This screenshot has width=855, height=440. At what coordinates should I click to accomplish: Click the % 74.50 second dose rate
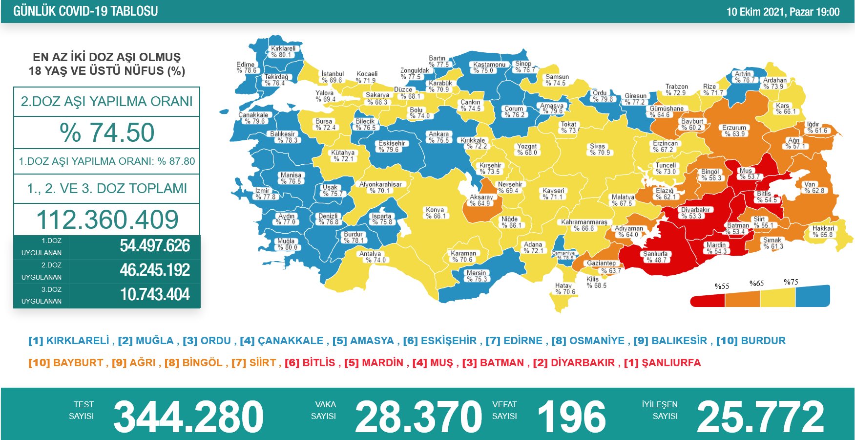[x=107, y=132]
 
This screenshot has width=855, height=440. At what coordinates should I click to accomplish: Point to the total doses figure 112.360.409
[x=107, y=220]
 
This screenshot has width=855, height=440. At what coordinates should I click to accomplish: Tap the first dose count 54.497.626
[x=155, y=246]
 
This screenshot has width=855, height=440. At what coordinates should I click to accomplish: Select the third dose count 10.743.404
[x=155, y=295]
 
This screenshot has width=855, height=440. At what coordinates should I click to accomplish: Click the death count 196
[x=571, y=417]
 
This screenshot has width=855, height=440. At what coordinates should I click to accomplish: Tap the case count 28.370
[x=418, y=417]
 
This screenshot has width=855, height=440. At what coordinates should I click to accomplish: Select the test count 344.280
[x=188, y=417]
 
